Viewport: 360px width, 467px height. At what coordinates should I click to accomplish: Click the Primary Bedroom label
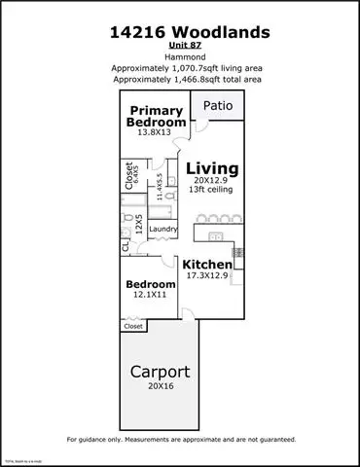(157, 116)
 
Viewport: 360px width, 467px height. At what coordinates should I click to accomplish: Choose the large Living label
(212, 168)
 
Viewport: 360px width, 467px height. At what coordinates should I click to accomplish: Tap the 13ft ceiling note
(212, 191)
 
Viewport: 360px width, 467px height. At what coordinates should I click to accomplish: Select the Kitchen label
(208, 265)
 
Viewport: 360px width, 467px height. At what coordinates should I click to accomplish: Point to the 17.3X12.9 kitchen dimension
(208, 277)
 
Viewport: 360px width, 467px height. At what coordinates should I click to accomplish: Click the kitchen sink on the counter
(217, 236)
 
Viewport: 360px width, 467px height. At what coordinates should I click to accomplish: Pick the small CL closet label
(126, 249)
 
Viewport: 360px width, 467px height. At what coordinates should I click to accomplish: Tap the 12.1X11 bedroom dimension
(149, 295)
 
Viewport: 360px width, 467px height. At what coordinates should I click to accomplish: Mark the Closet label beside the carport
(133, 327)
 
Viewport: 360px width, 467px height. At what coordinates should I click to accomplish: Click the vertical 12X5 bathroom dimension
(139, 225)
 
